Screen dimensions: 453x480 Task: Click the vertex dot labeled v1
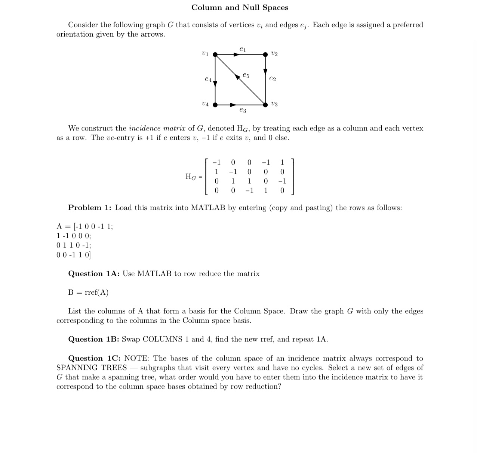pos(215,55)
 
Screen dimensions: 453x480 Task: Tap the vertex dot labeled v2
pos(265,55)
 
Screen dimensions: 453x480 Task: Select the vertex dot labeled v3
pos(265,105)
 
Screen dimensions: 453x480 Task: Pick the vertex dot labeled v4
pos(215,105)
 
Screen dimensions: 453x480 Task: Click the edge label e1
pos(243,49)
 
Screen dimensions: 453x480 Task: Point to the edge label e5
pos(246,75)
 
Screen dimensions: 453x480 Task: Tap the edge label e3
pos(243,110)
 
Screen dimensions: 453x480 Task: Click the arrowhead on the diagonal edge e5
pos(238,77)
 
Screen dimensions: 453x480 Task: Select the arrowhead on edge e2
pos(265,71)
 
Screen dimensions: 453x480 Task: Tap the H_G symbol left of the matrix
pos(191,177)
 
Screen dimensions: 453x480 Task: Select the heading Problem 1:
pos(90,208)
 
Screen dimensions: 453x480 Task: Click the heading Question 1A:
pos(93,273)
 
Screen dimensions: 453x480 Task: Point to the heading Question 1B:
pos(93,339)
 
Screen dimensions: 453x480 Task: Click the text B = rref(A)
pos(88,292)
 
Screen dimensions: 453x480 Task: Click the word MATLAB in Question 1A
pos(154,273)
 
